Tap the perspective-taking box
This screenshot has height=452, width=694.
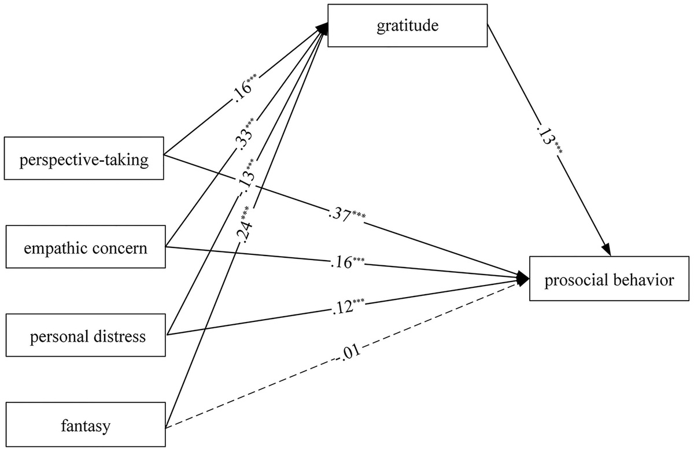pos(84,158)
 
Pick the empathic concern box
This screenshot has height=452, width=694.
pos(85,249)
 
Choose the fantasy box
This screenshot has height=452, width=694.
pos(85,427)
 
